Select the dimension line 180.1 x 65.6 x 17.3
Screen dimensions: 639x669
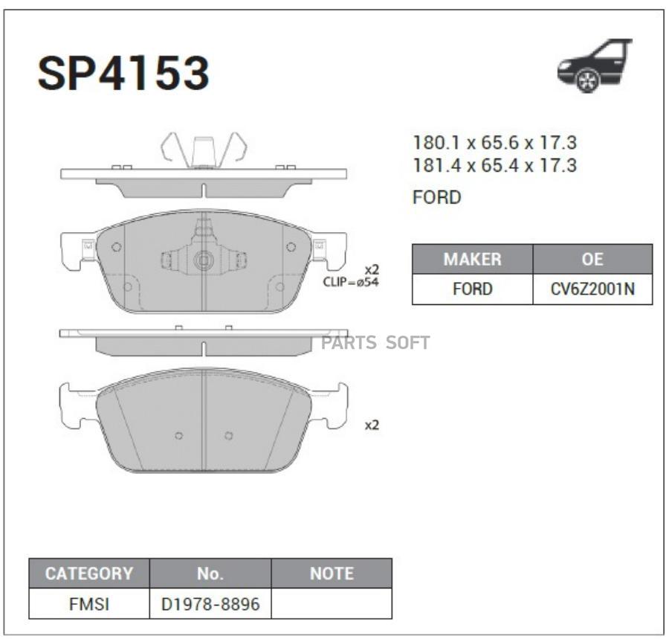(494, 143)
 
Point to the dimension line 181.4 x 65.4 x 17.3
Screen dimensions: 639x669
(494, 165)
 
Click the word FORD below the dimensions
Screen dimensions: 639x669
(436, 198)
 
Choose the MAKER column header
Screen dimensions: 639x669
(472, 259)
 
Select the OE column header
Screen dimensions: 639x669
(592, 259)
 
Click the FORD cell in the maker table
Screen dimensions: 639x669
(472, 289)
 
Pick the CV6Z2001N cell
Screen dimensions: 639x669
(592, 289)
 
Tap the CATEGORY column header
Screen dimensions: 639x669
(89, 574)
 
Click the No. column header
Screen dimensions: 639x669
(210, 574)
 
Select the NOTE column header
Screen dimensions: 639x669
(332, 574)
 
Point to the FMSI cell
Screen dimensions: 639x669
(89, 604)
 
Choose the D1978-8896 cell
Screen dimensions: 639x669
(210, 604)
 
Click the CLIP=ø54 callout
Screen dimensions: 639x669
(350, 282)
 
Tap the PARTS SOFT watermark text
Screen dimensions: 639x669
(375, 343)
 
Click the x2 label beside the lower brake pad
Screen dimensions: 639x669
(372, 426)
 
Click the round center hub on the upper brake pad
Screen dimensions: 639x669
(204, 260)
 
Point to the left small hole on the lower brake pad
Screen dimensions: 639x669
(179, 435)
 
